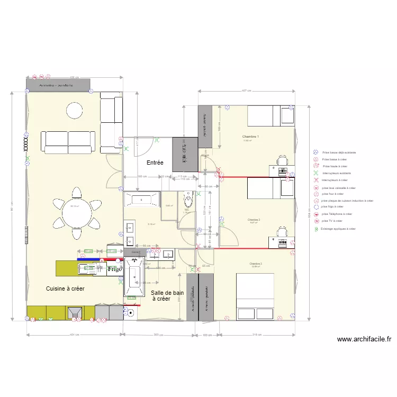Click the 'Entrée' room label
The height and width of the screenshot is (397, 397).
pos(155,163)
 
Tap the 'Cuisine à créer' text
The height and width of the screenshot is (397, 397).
pos(65,289)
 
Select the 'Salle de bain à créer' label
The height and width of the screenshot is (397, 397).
pos(167,295)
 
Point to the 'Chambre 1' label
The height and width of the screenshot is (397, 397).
pos(250,137)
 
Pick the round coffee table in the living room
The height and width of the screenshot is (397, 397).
pos(74,110)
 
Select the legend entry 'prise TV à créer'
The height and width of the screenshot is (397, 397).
pos(332,221)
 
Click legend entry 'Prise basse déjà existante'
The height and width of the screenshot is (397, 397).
pos(339,152)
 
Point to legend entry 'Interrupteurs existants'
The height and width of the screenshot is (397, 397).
pos(336,173)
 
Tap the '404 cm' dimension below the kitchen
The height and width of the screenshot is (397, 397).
pos(74,334)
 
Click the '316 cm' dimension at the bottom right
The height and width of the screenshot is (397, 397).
pos(256,335)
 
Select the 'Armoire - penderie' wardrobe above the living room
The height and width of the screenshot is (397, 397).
pos(58,84)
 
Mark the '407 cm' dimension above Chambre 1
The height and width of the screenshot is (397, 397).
pos(245,91)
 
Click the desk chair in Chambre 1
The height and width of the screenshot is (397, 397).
pos(283,159)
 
